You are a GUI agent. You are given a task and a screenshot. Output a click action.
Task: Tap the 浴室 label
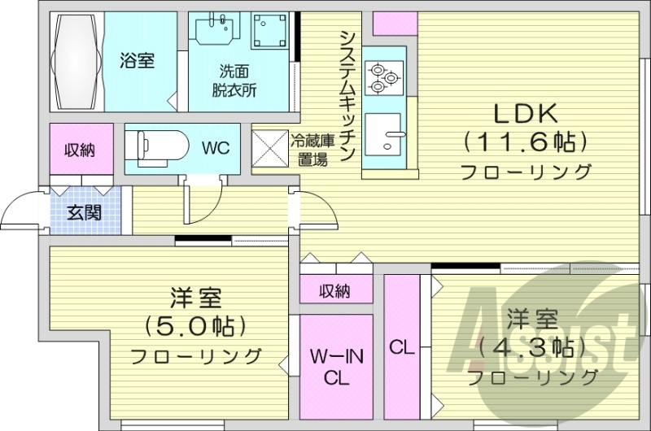tap(137, 60)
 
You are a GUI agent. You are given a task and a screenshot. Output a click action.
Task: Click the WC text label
tap(216, 148)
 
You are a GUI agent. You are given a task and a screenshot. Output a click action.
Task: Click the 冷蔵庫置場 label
tap(309, 150)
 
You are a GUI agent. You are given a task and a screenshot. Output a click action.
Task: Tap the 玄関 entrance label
tap(84, 214)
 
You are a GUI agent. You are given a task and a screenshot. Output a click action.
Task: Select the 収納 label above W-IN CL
tap(334, 290)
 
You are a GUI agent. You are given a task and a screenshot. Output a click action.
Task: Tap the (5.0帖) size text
tap(195, 326)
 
